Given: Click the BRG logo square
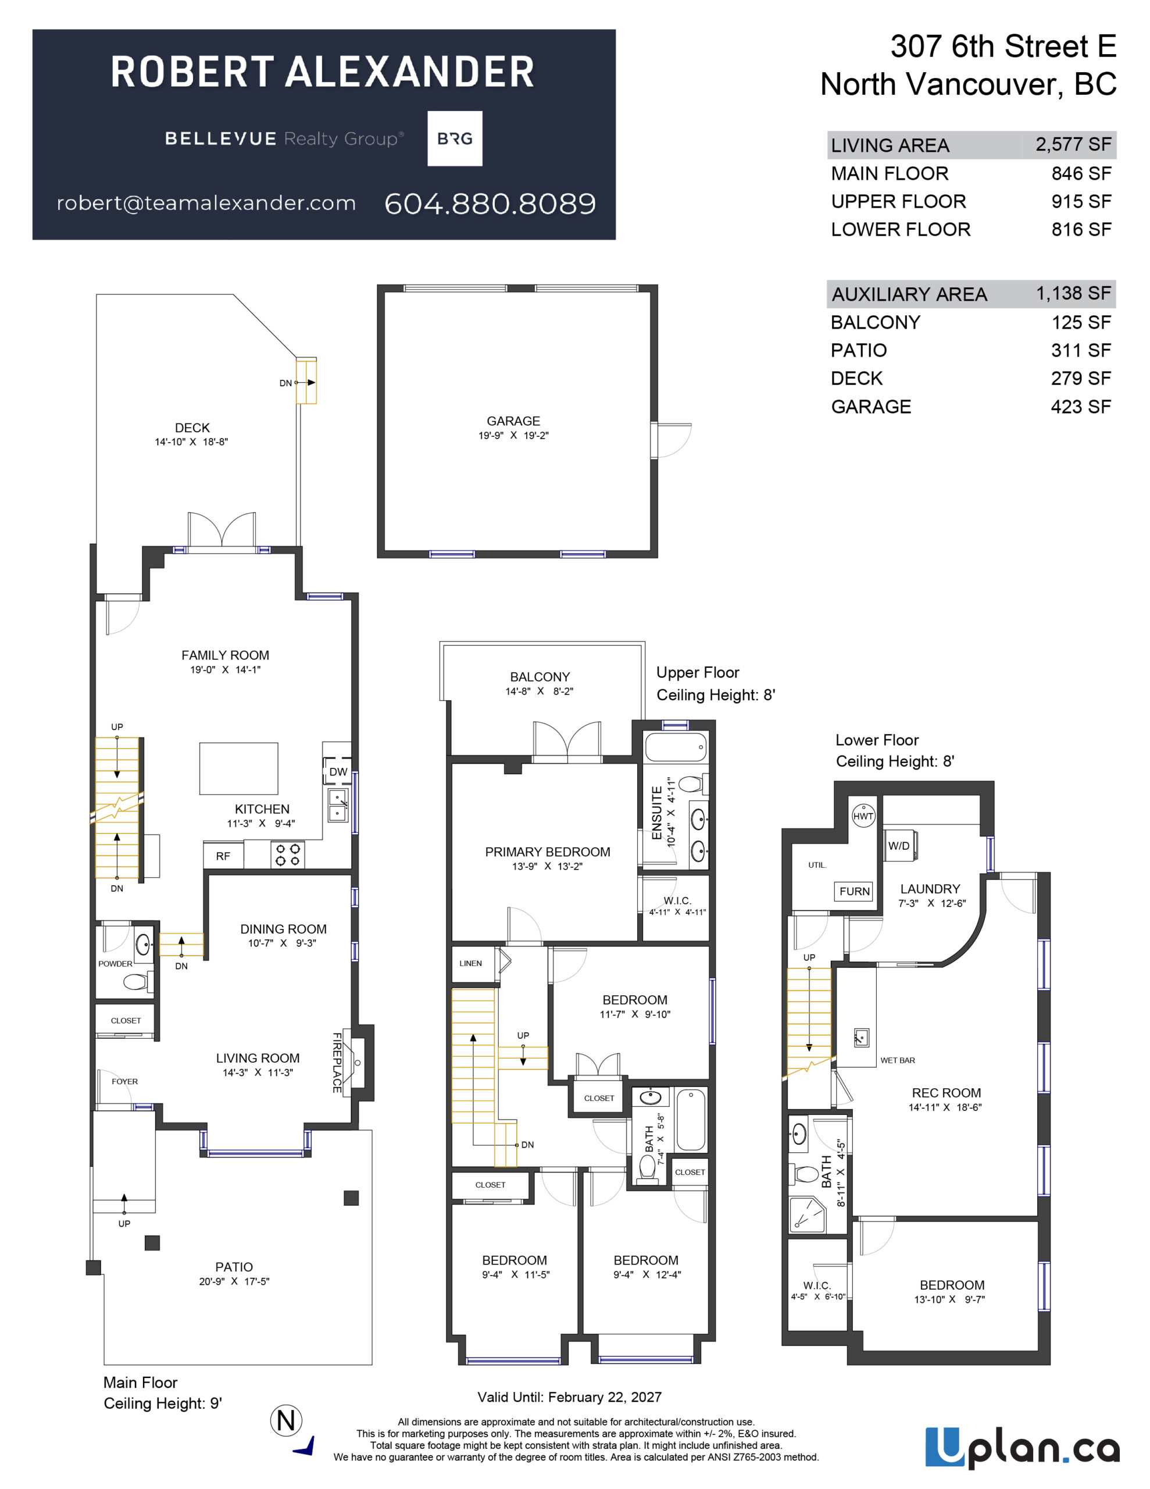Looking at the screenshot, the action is [455, 138].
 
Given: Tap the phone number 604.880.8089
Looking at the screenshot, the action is [490, 204].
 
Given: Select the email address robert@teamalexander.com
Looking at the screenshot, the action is [206, 203].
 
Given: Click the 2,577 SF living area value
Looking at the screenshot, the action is [1073, 144].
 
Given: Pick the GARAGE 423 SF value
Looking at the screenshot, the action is [1080, 407].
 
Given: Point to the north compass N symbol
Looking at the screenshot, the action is [286, 1421].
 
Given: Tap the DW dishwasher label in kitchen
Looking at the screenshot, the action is [338, 772].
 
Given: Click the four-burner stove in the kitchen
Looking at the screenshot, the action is [288, 855].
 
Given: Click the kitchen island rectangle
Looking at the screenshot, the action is [238, 768].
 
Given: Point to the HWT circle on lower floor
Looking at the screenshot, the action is [863, 816].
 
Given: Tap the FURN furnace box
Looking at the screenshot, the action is [854, 891].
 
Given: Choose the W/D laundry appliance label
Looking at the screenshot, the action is [898, 845].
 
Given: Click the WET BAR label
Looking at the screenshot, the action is [897, 1060].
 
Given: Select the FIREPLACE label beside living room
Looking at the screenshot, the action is [337, 1062].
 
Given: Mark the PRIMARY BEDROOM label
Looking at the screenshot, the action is [548, 852].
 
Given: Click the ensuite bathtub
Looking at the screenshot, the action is [676, 747].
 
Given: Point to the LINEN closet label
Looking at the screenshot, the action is [470, 963].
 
